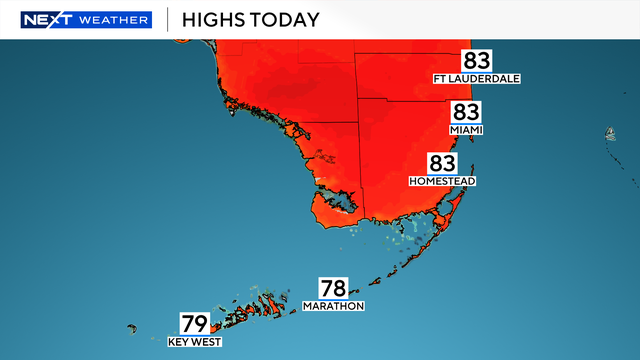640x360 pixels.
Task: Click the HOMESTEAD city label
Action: coord(442,182)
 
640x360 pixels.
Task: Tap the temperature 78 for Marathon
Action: coord(334,287)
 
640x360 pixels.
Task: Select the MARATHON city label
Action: coord(334,306)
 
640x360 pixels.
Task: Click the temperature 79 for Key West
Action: coord(195,324)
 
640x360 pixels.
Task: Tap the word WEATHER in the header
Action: coord(118,19)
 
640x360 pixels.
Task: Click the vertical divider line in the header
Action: coord(166,19)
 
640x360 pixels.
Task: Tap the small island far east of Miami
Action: coord(608,133)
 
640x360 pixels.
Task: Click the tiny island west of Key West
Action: coord(132,327)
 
